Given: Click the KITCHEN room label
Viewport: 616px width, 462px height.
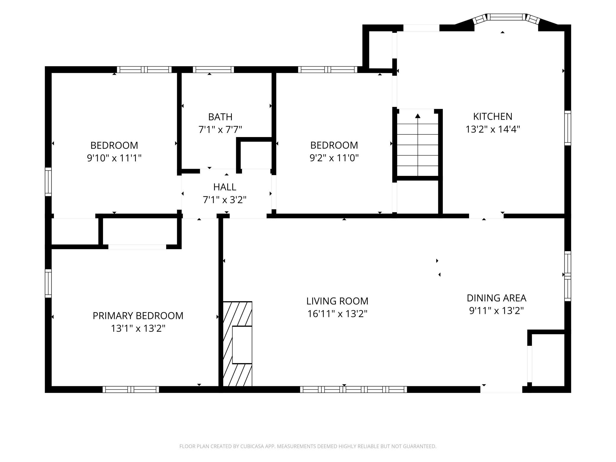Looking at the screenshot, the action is click(x=493, y=116).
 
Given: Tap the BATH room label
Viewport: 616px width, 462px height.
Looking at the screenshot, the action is click(x=220, y=117).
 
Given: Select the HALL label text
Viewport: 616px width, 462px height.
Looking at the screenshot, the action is click(x=224, y=187).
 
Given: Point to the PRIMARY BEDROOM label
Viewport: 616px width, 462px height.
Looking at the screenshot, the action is click(x=138, y=316).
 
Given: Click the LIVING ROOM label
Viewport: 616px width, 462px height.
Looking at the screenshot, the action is click(x=337, y=301).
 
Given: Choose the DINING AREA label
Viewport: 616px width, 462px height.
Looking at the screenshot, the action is click(x=496, y=298).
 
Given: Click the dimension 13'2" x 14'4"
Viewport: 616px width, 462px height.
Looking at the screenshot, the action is click(x=493, y=129).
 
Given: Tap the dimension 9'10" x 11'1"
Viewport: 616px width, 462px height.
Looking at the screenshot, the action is click(x=114, y=158).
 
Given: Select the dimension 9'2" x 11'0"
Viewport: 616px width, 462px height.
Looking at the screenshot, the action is click(x=334, y=158).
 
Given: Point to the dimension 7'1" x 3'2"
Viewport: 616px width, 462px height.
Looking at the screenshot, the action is click(x=224, y=200).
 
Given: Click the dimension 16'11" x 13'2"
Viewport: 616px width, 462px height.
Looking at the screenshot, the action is click(x=337, y=314).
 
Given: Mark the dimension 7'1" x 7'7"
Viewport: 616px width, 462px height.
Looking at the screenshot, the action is click(x=220, y=130).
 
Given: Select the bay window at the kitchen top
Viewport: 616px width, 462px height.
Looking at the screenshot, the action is click(x=506, y=17).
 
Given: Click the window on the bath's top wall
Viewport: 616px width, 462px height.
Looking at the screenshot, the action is click(x=213, y=70).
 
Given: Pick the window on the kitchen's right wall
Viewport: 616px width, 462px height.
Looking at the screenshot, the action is click(x=567, y=128).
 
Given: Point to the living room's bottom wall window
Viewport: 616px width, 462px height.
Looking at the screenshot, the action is click(x=353, y=389).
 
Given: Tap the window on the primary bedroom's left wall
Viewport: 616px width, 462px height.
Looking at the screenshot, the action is click(x=48, y=283).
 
